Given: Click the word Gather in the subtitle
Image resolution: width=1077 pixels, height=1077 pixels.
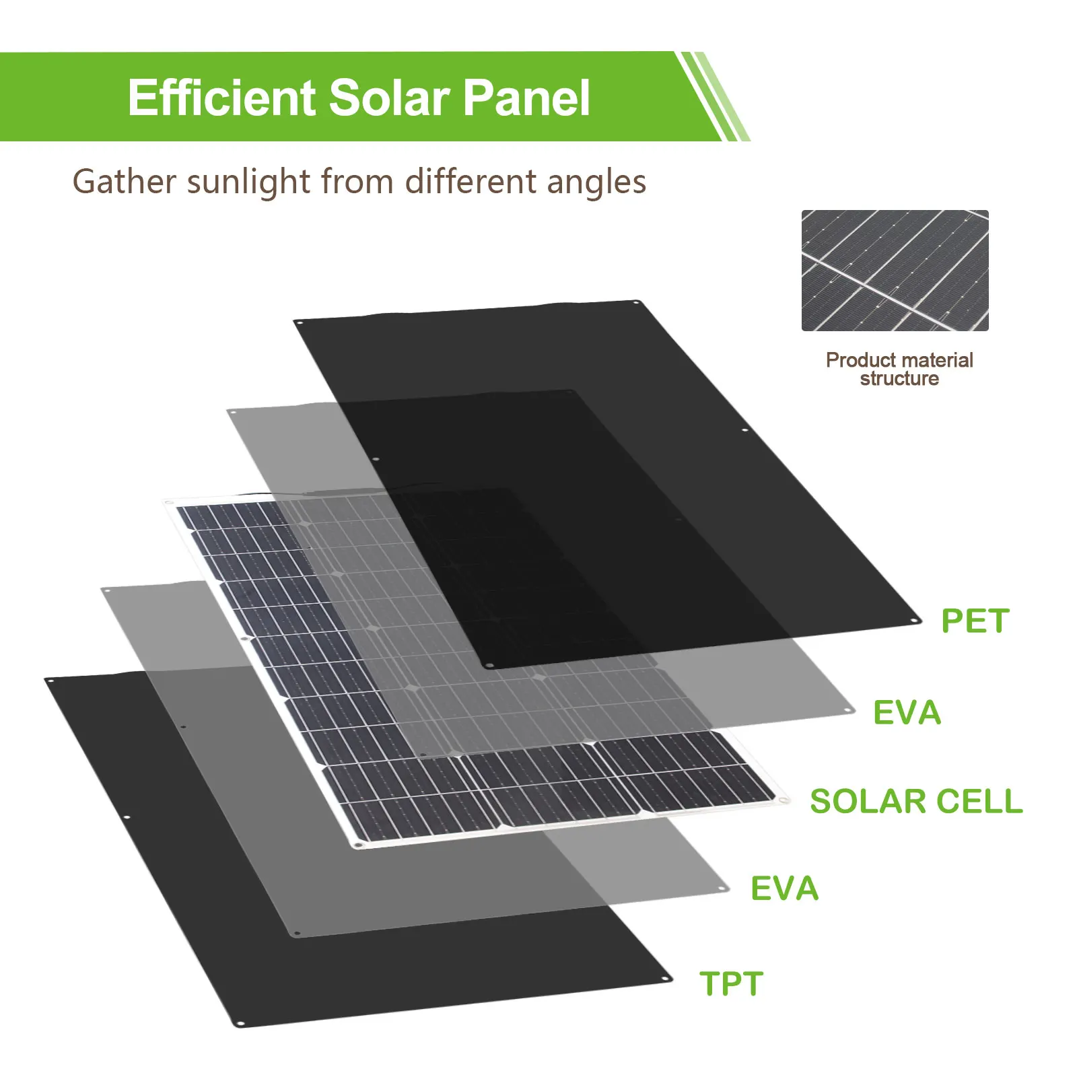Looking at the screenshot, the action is [x=125, y=182].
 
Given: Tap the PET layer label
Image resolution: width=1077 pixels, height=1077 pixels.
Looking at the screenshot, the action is [x=975, y=621].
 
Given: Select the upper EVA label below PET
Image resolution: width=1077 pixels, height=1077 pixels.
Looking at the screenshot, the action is [x=907, y=713].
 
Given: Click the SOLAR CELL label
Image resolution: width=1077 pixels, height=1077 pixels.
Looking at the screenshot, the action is [x=916, y=801].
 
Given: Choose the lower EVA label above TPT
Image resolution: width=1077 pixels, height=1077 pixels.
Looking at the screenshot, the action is [x=785, y=889].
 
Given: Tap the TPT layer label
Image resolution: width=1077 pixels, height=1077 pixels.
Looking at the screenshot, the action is [x=732, y=983].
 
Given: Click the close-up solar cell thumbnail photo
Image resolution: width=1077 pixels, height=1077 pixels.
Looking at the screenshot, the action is [x=895, y=271].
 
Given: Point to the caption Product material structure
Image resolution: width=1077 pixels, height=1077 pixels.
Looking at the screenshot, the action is [x=899, y=369].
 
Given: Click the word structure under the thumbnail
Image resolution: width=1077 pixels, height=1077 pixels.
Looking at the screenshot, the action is [x=899, y=378].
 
